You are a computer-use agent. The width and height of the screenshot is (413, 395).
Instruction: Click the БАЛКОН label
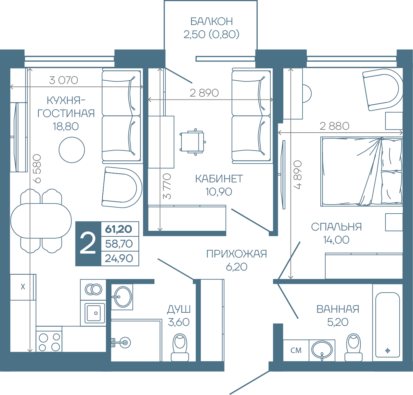click(x=212, y=21)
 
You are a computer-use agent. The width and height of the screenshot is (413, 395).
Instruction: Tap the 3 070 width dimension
click(x=63, y=80)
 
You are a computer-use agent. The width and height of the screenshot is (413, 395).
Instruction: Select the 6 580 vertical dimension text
click(x=37, y=169)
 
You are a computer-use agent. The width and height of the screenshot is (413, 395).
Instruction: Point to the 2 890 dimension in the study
click(x=204, y=93)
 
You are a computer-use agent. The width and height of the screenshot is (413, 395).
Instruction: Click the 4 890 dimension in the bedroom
click(x=297, y=175)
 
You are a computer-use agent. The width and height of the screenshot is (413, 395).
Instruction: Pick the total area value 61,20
click(x=119, y=229)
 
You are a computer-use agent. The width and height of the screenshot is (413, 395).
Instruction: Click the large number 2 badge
click(x=88, y=244)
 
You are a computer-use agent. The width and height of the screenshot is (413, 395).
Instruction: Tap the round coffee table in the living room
click(x=72, y=150)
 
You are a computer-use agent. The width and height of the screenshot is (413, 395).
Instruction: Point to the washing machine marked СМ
click(x=296, y=350)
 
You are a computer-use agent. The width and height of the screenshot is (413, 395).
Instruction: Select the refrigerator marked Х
click(x=23, y=287)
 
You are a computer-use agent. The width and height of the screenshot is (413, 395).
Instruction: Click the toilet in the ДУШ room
click(x=180, y=347)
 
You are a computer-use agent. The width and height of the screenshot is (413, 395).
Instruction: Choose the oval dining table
click(x=41, y=221)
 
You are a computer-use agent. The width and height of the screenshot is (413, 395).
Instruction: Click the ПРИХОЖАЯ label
click(x=237, y=254)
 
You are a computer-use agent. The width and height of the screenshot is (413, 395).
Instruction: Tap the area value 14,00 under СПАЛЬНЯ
click(x=336, y=240)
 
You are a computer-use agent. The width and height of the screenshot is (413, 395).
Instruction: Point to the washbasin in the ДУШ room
click(x=122, y=297)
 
